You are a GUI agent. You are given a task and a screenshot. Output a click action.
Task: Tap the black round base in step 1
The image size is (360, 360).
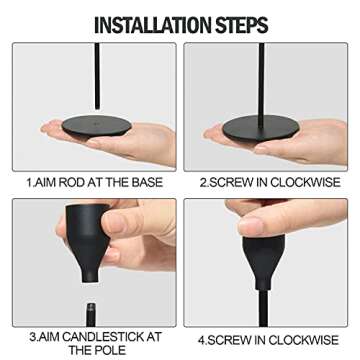point(97,127)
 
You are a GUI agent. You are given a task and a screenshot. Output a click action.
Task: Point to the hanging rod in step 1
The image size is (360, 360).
point(97,76)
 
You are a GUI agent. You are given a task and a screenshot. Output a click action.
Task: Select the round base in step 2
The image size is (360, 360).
point(261,129)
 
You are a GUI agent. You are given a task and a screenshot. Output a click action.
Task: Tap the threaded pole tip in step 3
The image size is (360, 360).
point(91,314)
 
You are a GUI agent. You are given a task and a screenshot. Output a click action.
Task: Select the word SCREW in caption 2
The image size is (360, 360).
point(231,183)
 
